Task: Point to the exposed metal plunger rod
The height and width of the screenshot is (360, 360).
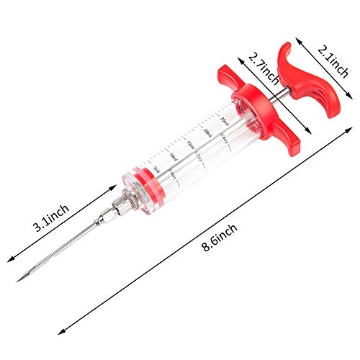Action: coord(278,91)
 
